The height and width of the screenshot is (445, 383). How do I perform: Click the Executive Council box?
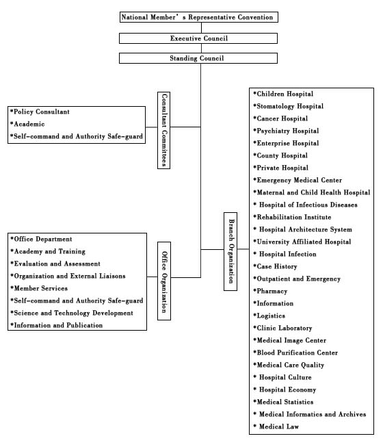pos(198,38)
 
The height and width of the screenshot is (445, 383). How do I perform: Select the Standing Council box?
pos(198,58)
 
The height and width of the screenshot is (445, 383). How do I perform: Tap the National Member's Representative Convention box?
pos(199,17)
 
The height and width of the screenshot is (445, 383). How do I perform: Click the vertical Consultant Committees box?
pos(164,130)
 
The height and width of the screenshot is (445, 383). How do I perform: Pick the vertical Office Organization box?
pos(164,281)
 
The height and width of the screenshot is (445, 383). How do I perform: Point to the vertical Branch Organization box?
pos(230,251)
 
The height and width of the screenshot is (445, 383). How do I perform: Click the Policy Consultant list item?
pos(40,112)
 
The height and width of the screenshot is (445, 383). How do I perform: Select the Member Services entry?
pos(39,288)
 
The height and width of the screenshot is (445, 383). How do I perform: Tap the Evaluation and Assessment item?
pos(55,264)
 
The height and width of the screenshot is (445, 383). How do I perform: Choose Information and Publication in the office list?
pos(56,325)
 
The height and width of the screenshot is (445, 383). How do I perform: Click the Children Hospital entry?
pos(283,94)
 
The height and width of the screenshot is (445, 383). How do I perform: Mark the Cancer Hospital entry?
pos(280,118)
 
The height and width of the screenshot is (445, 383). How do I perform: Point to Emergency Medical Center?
pos(298,180)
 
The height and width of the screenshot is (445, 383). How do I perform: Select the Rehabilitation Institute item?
pos(292,217)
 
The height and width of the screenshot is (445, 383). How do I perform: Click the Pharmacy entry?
pos(270,291)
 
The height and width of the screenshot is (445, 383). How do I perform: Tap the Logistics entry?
pos(269,316)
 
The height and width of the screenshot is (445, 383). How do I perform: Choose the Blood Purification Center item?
pos(295,353)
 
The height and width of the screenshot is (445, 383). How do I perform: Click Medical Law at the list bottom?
pos(276,427)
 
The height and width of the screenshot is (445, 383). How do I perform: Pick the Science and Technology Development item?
pos(72,313)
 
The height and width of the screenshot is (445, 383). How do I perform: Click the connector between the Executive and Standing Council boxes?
pos(201,48)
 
